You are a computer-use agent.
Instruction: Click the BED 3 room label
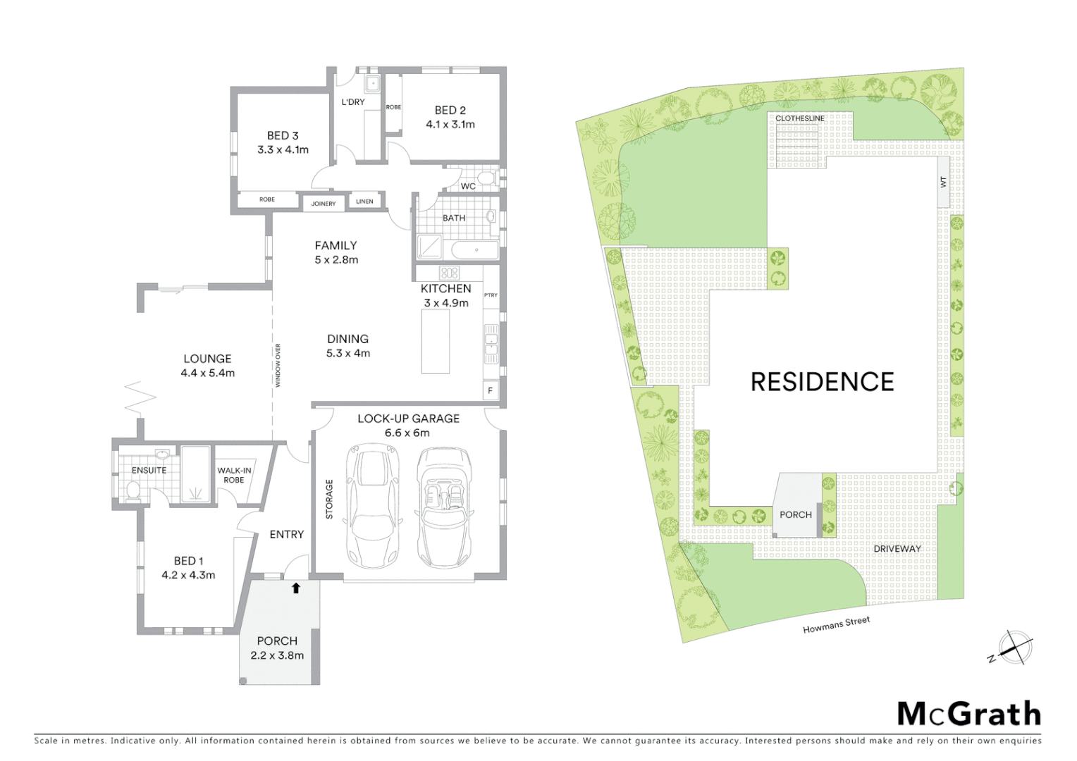click(x=283, y=135)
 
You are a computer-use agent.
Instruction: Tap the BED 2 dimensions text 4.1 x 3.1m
click(x=450, y=125)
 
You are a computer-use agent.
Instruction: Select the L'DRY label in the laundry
click(x=353, y=102)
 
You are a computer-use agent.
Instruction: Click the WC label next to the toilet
click(x=468, y=187)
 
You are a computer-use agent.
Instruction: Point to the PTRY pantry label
click(x=491, y=295)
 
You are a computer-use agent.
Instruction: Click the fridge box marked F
click(x=491, y=390)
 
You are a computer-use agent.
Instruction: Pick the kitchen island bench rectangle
click(x=436, y=342)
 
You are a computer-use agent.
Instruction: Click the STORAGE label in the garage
click(x=329, y=499)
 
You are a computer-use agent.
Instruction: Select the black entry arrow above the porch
click(x=296, y=588)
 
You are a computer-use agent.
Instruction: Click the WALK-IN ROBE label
click(x=234, y=475)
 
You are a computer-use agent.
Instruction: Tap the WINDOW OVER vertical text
click(x=278, y=365)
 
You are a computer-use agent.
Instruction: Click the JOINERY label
click(x=324, y=204)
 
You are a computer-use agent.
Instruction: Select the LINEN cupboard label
click(x=364, y=202)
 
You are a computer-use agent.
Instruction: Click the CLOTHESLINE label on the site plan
click(x=799, y=118)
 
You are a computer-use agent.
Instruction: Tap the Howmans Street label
click(x=836, y=625)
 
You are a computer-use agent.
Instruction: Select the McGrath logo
click(x=968, y=714)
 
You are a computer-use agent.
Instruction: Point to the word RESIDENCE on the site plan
click(x=822, y=382)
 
